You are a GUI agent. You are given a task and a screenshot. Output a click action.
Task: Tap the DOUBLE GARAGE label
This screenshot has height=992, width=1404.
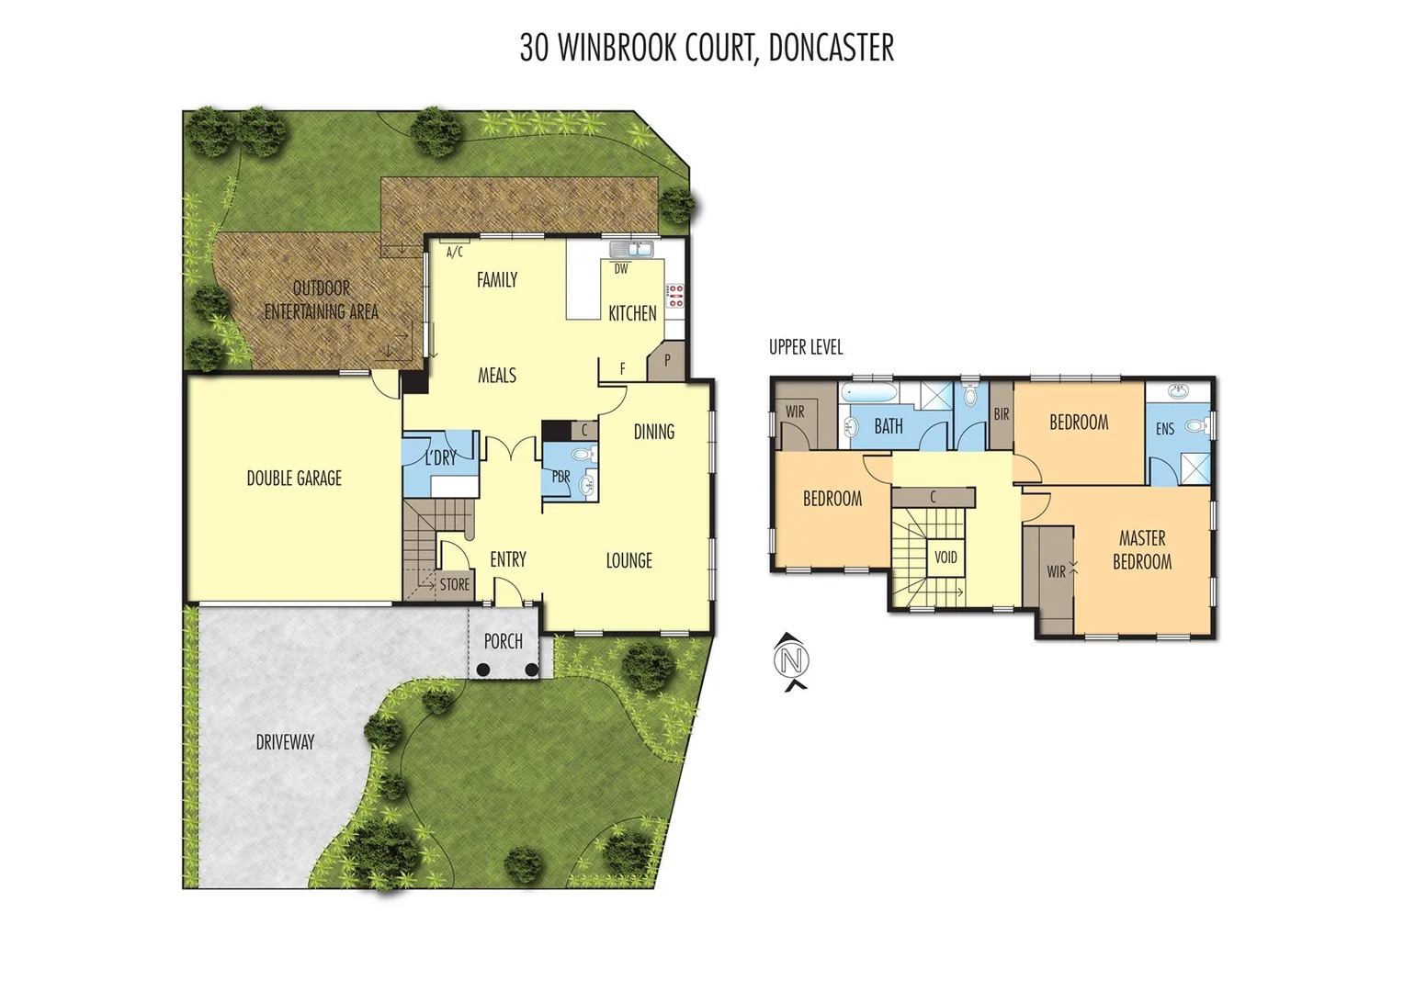click(294, 479)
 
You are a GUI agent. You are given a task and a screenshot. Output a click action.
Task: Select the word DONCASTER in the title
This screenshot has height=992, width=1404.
click(831, 48)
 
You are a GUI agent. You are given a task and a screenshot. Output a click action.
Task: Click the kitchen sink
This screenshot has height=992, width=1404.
click(631, 249)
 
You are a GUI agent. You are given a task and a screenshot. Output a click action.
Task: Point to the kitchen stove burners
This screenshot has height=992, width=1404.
click(675, 296)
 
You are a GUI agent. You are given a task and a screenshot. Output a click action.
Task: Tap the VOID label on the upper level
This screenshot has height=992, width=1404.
click(945, 558)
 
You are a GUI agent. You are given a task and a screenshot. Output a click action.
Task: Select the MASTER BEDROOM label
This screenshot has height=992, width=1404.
click(1142, 550)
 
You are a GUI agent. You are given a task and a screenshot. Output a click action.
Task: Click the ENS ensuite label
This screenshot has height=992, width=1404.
click(1165, 429)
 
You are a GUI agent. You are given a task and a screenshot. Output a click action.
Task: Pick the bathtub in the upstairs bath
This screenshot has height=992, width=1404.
click(871, 393)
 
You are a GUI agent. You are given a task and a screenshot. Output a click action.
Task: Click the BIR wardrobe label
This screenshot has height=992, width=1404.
click(1002, 415)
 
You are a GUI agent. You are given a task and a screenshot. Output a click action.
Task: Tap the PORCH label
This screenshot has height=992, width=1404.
click(504, 642)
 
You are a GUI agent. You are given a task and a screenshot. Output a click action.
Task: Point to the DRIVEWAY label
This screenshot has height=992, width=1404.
click(285, 742)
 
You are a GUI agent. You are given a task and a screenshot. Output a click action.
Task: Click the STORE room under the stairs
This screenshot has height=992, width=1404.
click(454, 584)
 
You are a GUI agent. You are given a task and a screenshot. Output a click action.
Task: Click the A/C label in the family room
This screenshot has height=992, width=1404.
click(455, 252)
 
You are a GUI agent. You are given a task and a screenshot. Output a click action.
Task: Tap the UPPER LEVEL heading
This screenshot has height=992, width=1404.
click(806, 347)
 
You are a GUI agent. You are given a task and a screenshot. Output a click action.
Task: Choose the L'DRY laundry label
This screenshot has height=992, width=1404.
click(441, 457)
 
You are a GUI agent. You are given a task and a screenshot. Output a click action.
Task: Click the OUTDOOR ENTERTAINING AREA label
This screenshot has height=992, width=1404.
click(322, 300)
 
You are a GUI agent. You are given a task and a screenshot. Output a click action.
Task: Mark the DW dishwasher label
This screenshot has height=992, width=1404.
click(621, 269)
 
